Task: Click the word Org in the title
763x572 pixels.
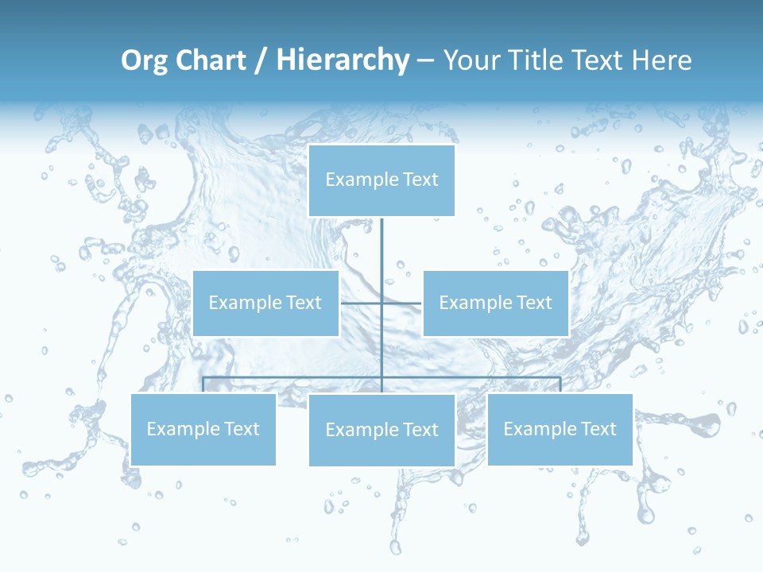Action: pyautogui.click(x=145, y=61)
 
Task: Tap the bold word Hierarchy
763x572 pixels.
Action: pyautogui.click(x=342, y=60)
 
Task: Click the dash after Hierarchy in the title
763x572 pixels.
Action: pyautogui.click(x=425, y=61)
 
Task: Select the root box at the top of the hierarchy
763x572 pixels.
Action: pyautogui.click(x=381, y=180)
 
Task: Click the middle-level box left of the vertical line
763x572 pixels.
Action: pyautogui.click(x=265, y=303)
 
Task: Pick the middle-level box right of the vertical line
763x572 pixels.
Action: pyautogui.click(x=496, y=303)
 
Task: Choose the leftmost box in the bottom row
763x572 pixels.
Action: pyautogui.click(x=203, y=430)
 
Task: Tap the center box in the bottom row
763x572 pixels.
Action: pyautogui.click(x=381, y=430)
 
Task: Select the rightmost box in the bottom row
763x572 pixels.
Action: pyautogui.click(x=560, y=430)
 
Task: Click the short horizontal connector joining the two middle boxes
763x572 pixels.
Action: pyautogui.click(x=362, y=303)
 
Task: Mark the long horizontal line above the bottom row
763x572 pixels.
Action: pyautogui.click(x=294, y=377)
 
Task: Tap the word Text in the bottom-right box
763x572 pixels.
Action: pyautogui.click(x=598, y=429)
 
